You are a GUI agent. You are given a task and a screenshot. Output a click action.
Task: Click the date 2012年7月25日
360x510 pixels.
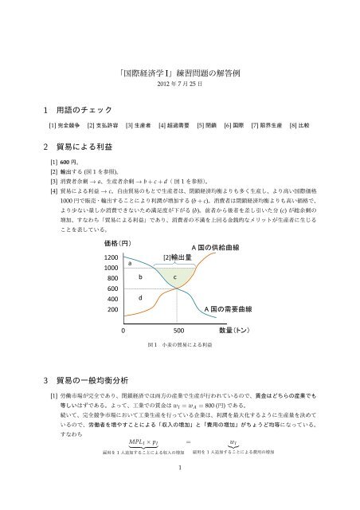(180, 84)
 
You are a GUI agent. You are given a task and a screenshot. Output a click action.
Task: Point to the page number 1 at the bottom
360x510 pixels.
(180, 491)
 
